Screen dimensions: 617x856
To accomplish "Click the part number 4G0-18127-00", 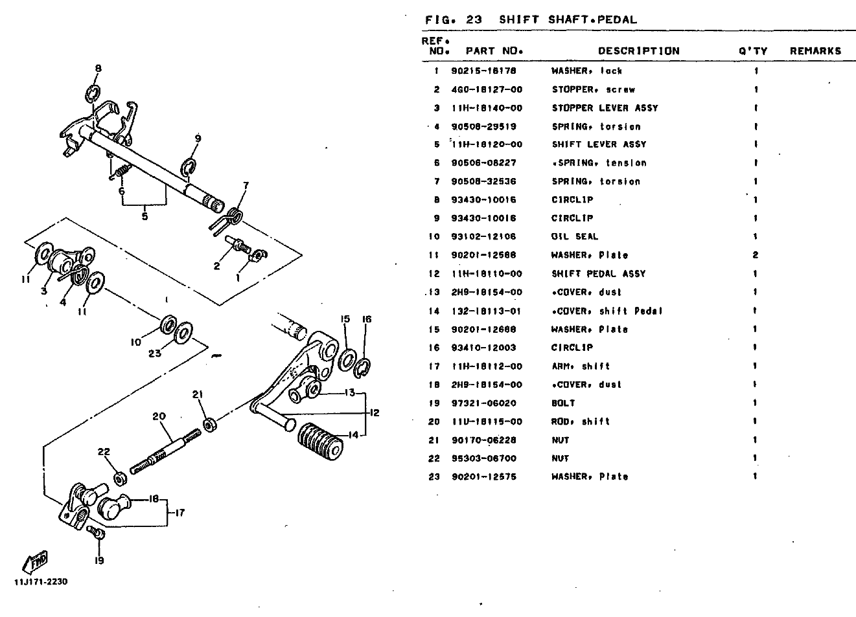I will coord(486,89).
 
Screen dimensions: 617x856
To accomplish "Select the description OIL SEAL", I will coord(574,236).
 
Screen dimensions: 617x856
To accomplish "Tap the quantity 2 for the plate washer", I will coord(755,255).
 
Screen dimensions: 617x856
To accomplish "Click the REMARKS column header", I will coord(815,50).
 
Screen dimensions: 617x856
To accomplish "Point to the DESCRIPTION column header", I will coord(638,50).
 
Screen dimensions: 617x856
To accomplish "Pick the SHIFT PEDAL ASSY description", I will coord(598,273).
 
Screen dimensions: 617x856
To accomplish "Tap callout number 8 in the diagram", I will coord(98,68).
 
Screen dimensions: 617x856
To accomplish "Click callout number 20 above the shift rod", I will coord(159,416).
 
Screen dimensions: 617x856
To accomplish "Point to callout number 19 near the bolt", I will coord(99,561).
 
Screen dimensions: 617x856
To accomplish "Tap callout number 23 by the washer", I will coord(154,353).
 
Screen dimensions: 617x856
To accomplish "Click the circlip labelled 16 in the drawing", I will coord(364,366).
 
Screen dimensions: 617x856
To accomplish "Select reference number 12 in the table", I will coord(434,273).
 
